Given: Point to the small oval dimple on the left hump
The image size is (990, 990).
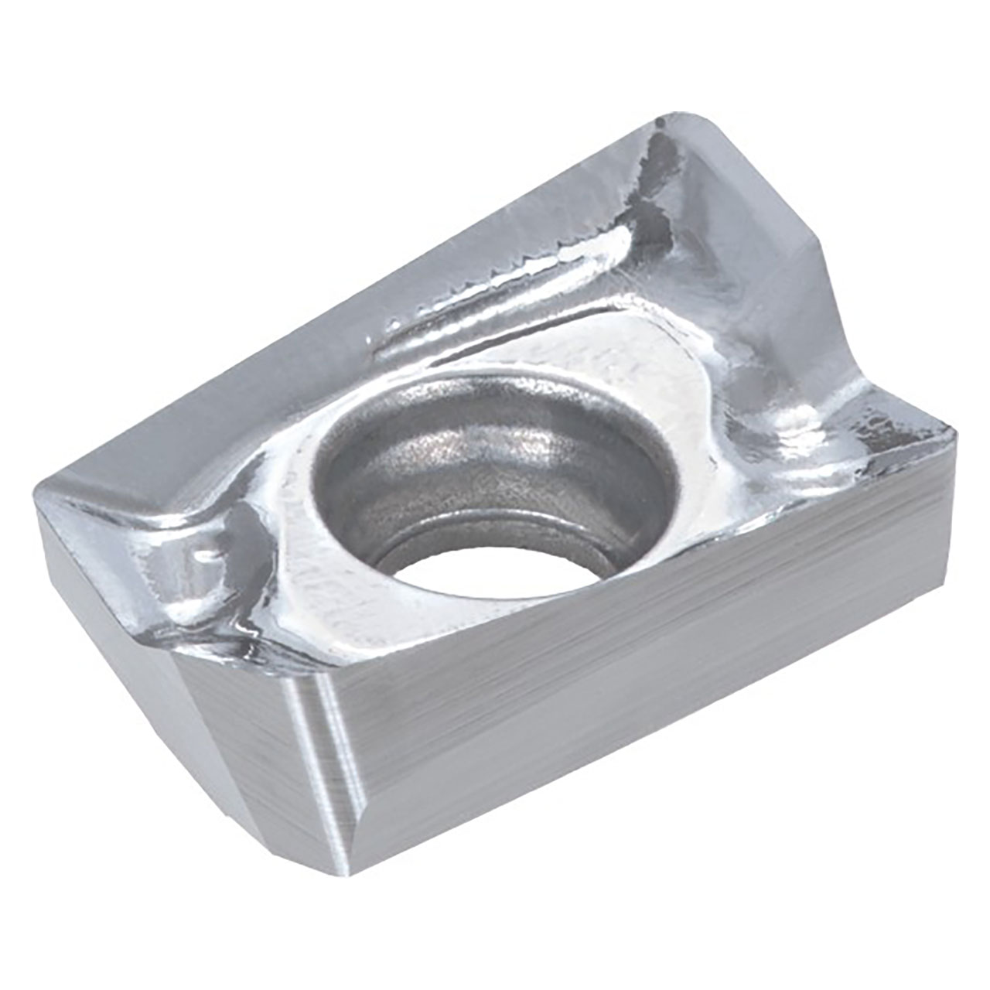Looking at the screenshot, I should point(203,555).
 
